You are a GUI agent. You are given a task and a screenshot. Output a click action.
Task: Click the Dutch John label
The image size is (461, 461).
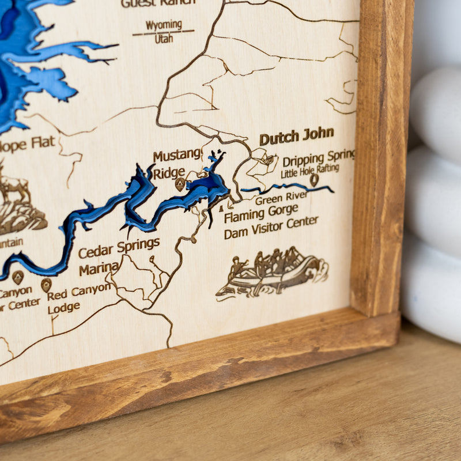pyautogui.click(x=296, y=137)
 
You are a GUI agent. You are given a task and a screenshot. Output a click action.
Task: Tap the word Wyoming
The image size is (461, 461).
pyautogui.click(x=164, y=25)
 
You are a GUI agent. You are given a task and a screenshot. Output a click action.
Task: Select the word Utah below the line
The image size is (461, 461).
pyautogui.click(x=164, y=39)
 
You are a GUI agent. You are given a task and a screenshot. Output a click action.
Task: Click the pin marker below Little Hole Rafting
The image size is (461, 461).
pyautogui.click(x=314, y=179)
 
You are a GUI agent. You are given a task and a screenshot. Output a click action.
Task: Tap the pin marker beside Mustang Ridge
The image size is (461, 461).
pyautogui.click(x=180, y=184)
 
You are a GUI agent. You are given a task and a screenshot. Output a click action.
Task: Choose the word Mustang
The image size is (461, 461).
pyautogui.click(x=177, y=155)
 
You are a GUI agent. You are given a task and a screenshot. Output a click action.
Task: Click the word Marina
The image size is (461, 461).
pyautogui.click(x=99, y=269)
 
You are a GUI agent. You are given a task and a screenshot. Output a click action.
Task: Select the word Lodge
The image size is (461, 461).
pyautogui.click(x=63, y=308)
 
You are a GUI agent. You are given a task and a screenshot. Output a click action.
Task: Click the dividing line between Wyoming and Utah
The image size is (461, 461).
pyautogui.click(x=163, y=32)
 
